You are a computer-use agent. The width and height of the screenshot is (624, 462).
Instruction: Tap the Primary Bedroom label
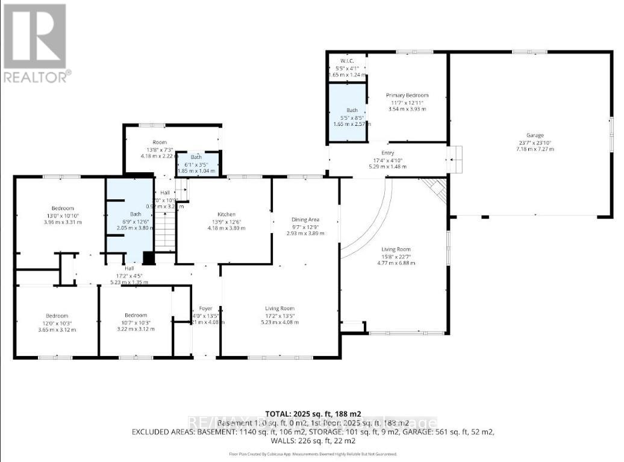(407, 96)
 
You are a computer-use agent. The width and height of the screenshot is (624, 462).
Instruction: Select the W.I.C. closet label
(346, 61)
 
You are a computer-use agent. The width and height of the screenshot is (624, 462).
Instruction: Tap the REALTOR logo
(36, 43)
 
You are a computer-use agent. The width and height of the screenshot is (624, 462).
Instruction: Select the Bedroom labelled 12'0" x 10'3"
(57, 316)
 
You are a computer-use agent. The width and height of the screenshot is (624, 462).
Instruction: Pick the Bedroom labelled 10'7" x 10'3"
(136, 316)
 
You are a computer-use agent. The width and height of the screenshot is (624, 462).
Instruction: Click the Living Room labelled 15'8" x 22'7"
(395, 249)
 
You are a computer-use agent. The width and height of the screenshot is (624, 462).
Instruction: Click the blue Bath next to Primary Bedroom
(352, 110)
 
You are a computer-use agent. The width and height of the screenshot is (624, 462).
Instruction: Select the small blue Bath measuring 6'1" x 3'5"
(196, 164)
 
